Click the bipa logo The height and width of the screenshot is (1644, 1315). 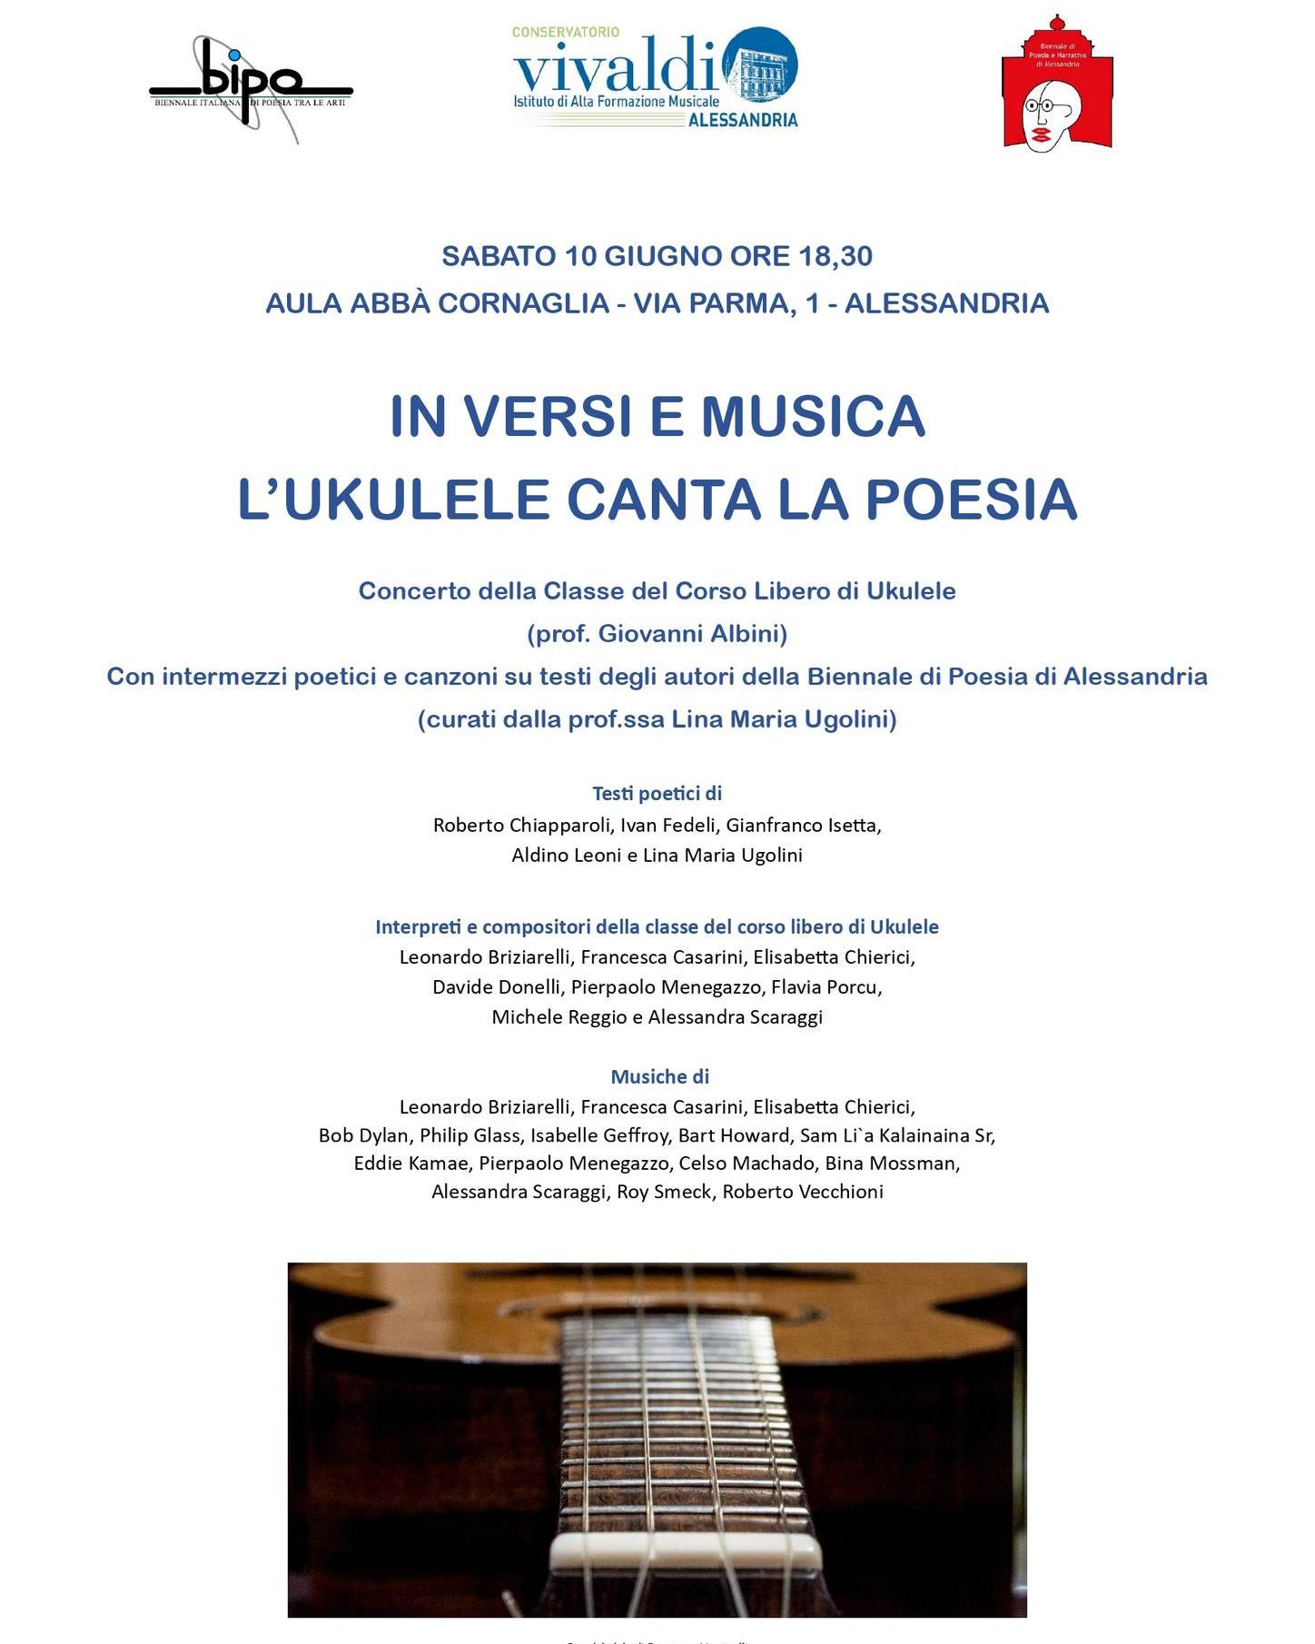click(x=251, y=86)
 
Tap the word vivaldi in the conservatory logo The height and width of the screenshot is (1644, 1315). click(x=616, y=67)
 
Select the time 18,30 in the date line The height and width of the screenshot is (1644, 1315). click(x=835, y=256)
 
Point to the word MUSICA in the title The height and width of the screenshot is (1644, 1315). click(x=812, y=416)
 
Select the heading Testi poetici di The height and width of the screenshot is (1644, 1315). click(x=657, y=793)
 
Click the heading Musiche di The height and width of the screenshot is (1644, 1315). click(x=659, y=1076)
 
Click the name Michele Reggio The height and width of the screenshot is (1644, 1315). click(x=559, y=1016)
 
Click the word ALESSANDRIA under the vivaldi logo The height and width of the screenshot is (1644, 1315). click(x=742, y=120)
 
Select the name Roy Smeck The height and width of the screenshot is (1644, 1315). click(x=664, y=1192)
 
